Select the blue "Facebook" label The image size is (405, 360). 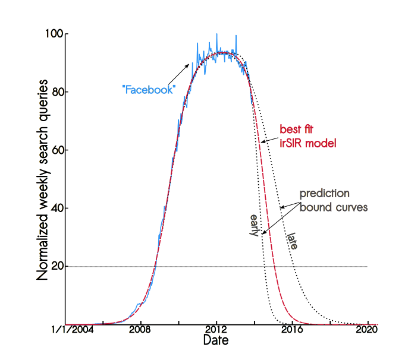tap(148, 90)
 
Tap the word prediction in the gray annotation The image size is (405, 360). tap(324, 194)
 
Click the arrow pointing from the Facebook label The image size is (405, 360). tap(178, 74)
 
